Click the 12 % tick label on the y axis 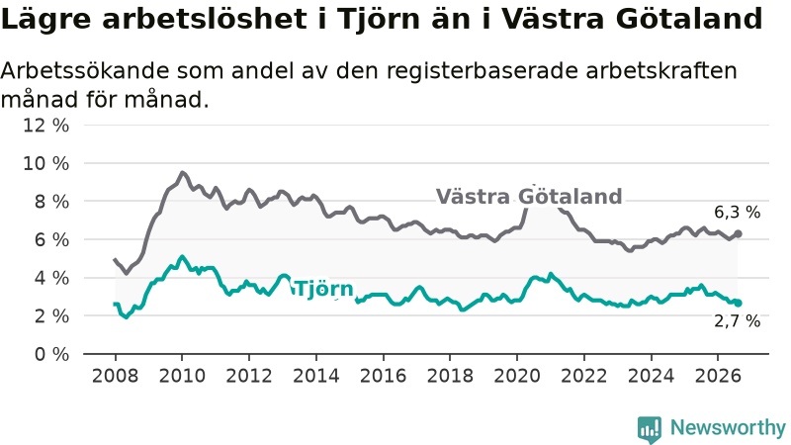tap(45, 126)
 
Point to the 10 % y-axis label tap(45, 163)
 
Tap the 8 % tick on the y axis tap(51, 202)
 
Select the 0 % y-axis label tap(51, 354)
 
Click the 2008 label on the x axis tap(115, 376)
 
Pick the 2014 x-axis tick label tap(316, 376)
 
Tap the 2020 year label tap(517, 376)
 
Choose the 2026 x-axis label tap(719, 376)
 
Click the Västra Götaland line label tap(529, 196)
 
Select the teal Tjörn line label tap(323, 289)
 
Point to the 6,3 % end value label tap(737, 213)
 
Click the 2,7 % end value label tap(737, 320)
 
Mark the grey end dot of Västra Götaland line tap(738, 233)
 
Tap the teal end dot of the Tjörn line tap(738, 303)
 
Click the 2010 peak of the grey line tap(182, 172)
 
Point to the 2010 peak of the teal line tap(182, 257)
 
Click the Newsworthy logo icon tap(650, 429)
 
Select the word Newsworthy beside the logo tap(728, 428)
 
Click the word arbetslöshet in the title tap(205, 19)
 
